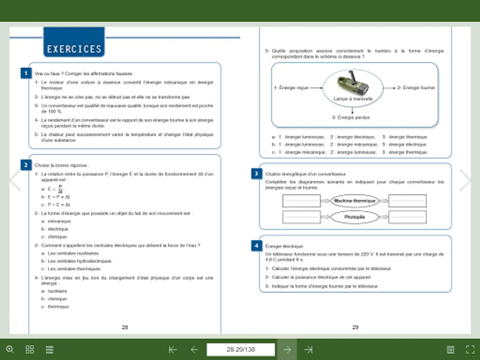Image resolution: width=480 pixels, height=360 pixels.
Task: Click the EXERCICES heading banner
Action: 74,49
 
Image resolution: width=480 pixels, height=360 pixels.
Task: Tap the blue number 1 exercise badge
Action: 26,73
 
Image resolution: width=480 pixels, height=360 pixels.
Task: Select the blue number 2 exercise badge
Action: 26,165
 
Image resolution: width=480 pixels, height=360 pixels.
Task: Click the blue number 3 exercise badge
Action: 256,174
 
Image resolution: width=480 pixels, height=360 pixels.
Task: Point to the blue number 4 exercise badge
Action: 256,246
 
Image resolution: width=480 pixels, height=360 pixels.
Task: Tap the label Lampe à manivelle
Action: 353,98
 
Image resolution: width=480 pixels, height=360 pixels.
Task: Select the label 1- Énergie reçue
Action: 291,88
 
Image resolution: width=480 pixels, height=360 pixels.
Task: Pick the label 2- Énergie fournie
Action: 416,88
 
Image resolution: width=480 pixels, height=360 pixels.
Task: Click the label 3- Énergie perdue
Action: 350,118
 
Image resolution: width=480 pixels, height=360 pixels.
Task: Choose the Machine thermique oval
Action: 354,201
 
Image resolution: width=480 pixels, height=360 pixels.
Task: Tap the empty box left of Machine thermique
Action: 301,201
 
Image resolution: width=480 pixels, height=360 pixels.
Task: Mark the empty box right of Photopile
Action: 407,217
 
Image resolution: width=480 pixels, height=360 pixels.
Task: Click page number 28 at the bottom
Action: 124,327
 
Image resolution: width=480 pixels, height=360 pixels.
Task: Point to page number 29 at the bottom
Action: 355,327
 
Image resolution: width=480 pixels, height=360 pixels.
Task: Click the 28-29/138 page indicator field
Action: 240,350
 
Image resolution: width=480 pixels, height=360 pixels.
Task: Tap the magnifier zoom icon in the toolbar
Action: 10,350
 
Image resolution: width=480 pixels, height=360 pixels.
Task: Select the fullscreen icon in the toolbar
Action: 470,350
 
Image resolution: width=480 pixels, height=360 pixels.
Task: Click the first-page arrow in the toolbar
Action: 173,350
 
